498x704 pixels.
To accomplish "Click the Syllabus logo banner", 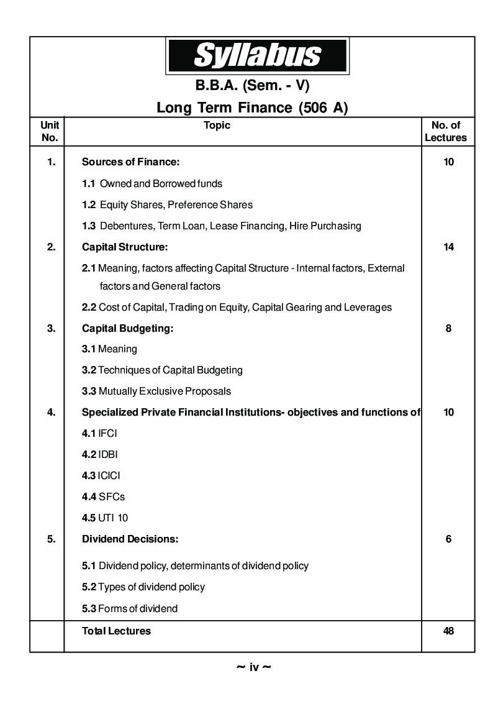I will point(257,55).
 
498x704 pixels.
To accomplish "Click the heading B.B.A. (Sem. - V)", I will point(252,86).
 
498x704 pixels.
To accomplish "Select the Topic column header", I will point(217,126).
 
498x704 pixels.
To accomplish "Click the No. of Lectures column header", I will point(446,132).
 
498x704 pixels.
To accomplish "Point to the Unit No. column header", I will point(49,132).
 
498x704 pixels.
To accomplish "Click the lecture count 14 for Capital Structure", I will point(448,247).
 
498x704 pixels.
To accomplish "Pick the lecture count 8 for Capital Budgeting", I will point(448,329).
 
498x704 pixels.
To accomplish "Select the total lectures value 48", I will point(448,631).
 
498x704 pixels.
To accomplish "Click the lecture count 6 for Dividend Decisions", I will point(448,539).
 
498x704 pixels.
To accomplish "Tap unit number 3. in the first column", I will point(51,329).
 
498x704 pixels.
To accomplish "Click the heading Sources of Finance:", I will point(130,162).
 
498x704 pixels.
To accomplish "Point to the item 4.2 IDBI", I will point(100,455).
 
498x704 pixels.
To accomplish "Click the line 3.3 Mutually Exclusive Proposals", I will point(156,391).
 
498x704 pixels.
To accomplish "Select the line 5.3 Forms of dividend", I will point(130,609).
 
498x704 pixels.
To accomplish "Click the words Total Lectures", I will point(116,631).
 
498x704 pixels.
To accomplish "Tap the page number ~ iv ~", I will point(253,667).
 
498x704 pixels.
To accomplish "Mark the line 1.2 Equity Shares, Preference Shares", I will point(167,204).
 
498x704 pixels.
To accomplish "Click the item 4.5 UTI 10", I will point(105,518).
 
